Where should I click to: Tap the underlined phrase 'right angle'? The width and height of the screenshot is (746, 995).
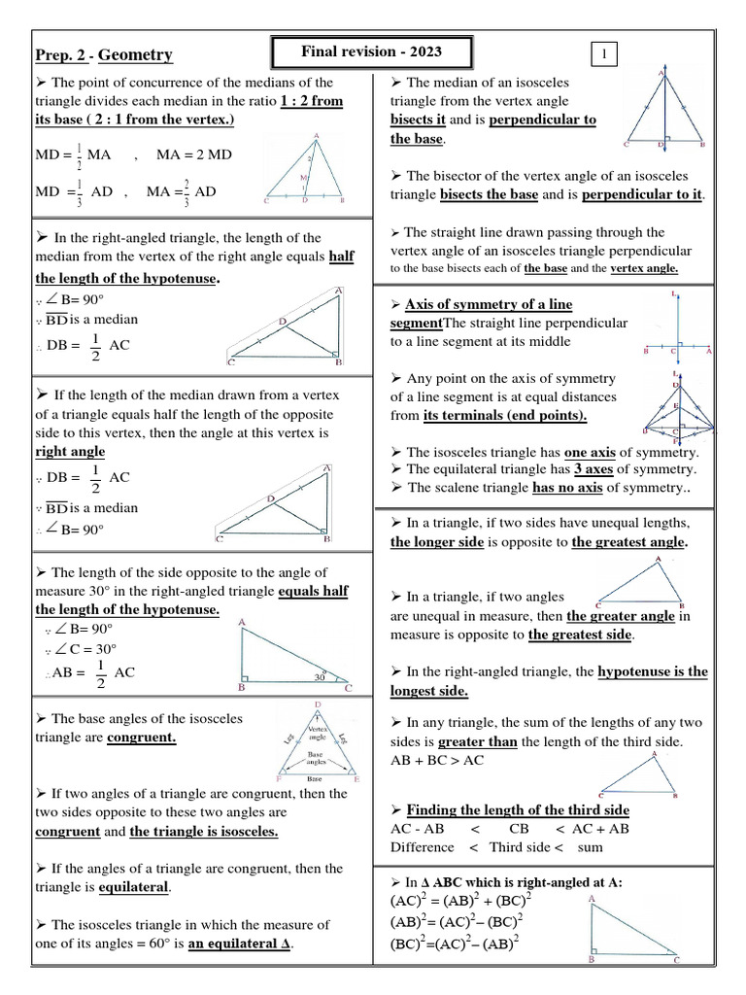tap(70, 452)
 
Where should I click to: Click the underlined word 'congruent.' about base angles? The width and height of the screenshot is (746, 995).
tap(142, 738)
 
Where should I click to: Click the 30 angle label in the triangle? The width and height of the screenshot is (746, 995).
tap(319, 677)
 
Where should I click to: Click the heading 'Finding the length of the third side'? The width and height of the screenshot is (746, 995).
tap(518, 809)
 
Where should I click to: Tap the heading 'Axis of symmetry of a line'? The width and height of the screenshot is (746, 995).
tap(489, 303)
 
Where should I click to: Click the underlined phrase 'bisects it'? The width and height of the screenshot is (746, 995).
tap(419, 120)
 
